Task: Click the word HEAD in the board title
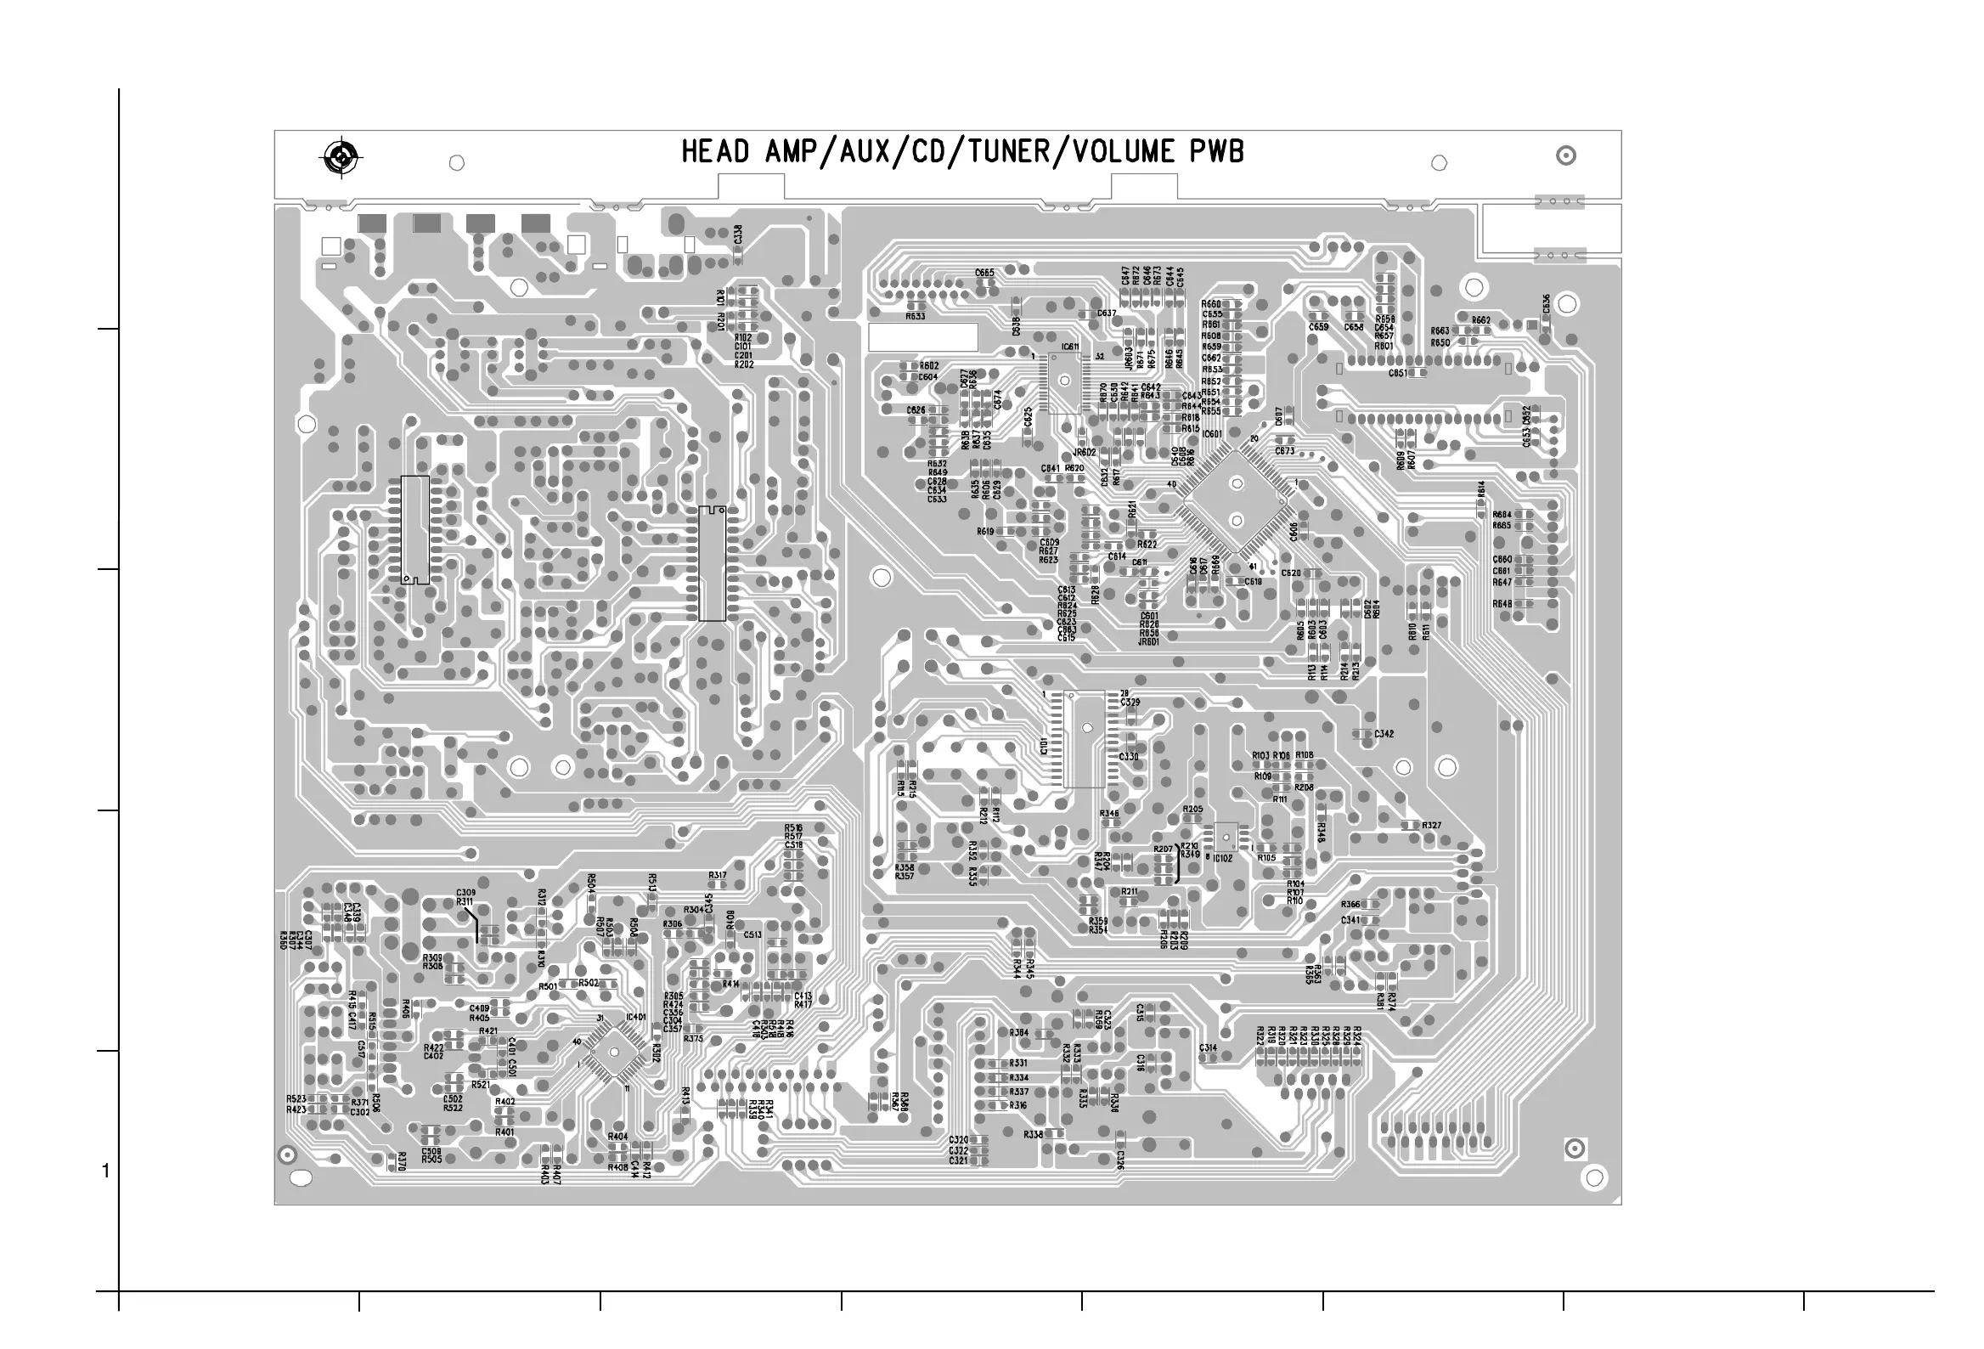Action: (715, 152)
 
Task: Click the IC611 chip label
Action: (1069, 347)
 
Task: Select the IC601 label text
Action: (1212, 434)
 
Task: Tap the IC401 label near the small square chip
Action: (635, 1017)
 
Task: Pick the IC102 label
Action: (1222, 858)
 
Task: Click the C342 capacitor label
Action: (1384, 733)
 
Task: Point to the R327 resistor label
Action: (1432, 826)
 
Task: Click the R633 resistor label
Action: (916, 316)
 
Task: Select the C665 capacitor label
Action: (984, 274)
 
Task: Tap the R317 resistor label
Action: (717, 875)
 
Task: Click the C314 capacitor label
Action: (1208, 1047)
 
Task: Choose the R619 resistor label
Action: (985, 531)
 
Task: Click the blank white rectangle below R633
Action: (922, 337)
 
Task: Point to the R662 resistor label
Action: (1481, 320)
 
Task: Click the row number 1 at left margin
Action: (106, 1171)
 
